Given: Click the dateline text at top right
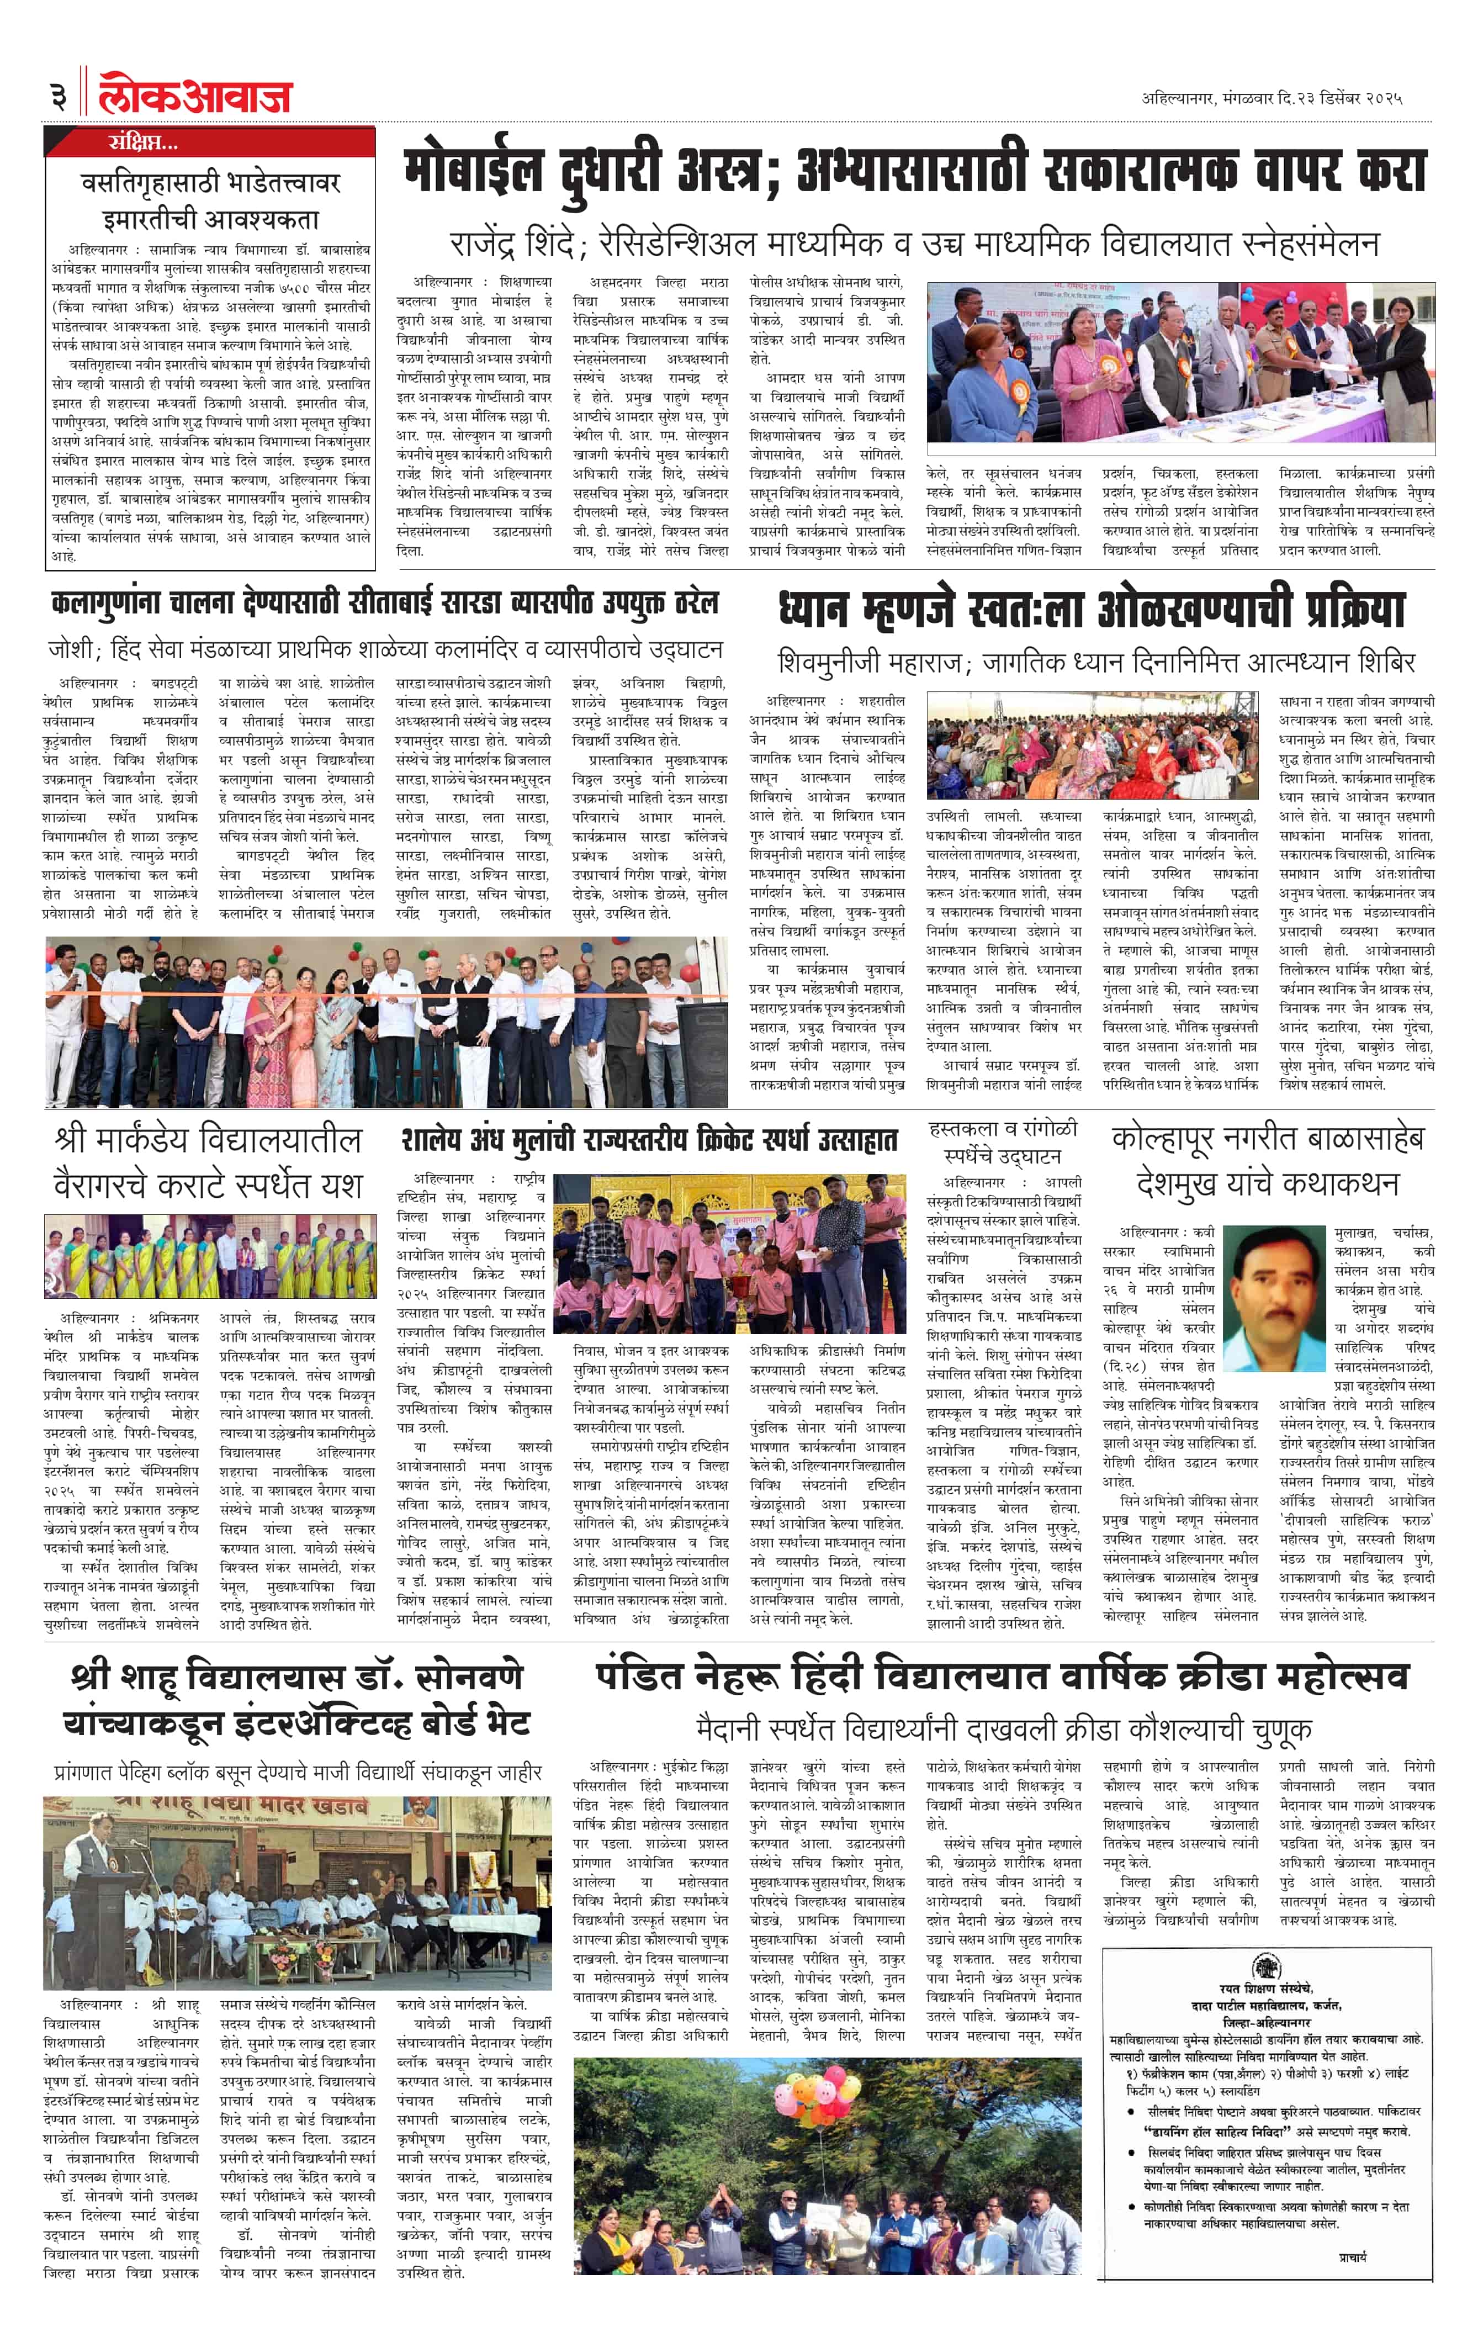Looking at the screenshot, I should pos(1272,98).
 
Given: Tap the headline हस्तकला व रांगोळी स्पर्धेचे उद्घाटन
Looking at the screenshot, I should pos(1002,1142).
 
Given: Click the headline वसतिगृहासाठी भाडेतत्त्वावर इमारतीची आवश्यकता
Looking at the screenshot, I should pos(210,200).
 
